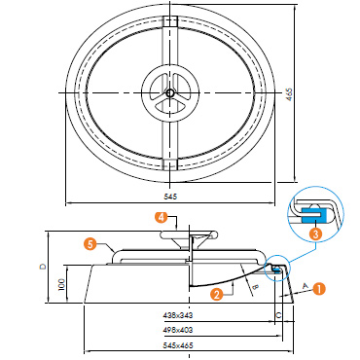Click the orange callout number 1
click(319, 289)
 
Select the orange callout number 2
click(216, 294)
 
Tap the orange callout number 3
click(316, 234)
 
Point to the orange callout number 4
click(161, 217)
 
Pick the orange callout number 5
click(91, 244)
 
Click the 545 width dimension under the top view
click(170, 197)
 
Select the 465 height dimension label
click(290, 94)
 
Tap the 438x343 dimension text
click(178, 314)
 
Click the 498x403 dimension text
click(178, 330)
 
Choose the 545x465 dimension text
click(178, 345)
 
